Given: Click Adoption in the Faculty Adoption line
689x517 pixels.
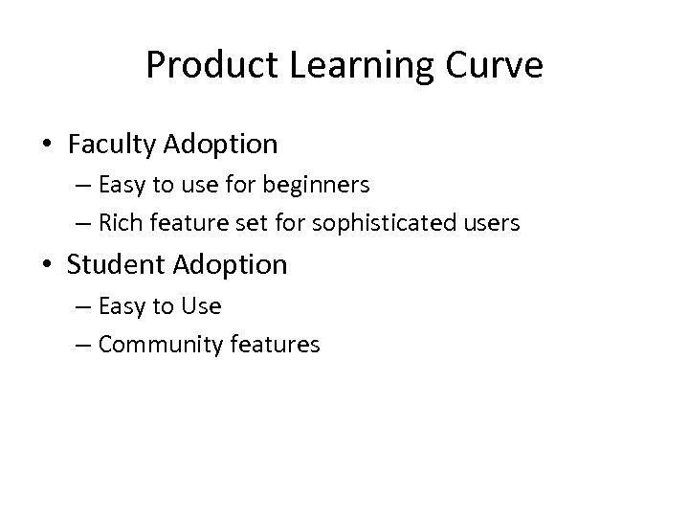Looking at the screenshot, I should tap(221, 145).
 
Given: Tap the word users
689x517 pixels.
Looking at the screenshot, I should tap(492, 224).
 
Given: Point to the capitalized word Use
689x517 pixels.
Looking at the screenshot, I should tap(202, 305).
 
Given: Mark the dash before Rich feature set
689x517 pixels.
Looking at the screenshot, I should tap(82, 225).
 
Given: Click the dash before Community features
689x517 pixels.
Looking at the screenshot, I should tap(82, 345).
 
